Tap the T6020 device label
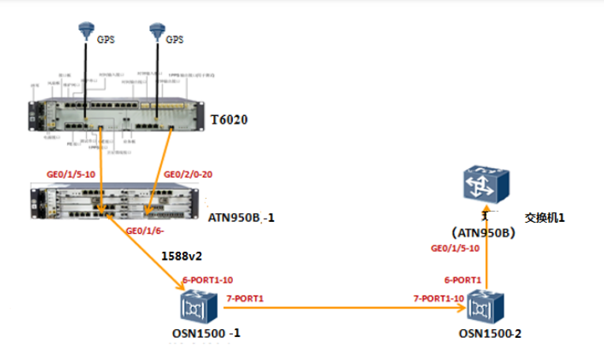[x=230, y=121]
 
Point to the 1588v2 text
[x=182, y=256]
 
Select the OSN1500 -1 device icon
[x=194, y=306]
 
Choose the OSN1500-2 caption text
[x=490, y=333]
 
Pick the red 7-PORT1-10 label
[x=441, y=298]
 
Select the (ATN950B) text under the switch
[x=482, y=233]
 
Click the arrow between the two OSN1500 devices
[x=340, y=306]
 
